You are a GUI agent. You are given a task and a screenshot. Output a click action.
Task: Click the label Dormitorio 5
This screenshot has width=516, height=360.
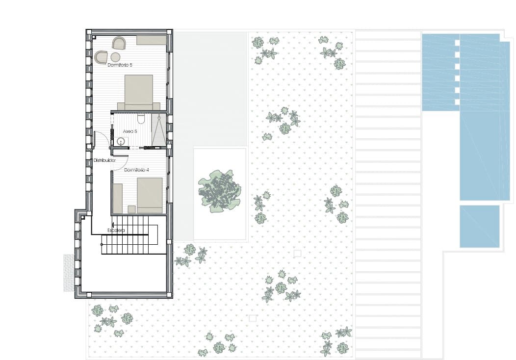120,65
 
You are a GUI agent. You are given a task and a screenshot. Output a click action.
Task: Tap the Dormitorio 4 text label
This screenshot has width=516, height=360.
136,170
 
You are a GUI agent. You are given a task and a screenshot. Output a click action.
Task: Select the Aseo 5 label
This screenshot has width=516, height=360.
130,131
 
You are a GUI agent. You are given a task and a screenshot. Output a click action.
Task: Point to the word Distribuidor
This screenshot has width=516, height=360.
104,160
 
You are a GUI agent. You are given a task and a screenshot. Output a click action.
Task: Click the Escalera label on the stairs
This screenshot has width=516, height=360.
116,231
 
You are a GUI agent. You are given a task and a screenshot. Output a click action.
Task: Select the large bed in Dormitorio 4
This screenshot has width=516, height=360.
149,195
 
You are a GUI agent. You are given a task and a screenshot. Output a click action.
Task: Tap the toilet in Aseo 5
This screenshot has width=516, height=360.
140,119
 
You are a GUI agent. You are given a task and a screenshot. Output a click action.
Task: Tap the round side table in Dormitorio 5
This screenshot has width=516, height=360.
116,57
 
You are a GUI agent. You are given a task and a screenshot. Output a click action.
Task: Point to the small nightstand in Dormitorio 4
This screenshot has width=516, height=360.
131,209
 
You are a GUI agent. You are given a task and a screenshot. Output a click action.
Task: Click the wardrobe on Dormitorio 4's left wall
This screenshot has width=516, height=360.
117,198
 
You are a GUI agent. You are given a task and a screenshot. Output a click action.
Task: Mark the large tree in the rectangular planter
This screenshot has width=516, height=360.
219,191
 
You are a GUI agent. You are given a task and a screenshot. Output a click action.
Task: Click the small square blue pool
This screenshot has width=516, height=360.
479,226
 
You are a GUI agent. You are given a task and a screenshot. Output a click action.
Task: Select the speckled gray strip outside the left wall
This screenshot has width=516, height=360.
68,272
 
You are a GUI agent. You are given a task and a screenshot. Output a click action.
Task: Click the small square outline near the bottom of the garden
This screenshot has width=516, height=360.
253,318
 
